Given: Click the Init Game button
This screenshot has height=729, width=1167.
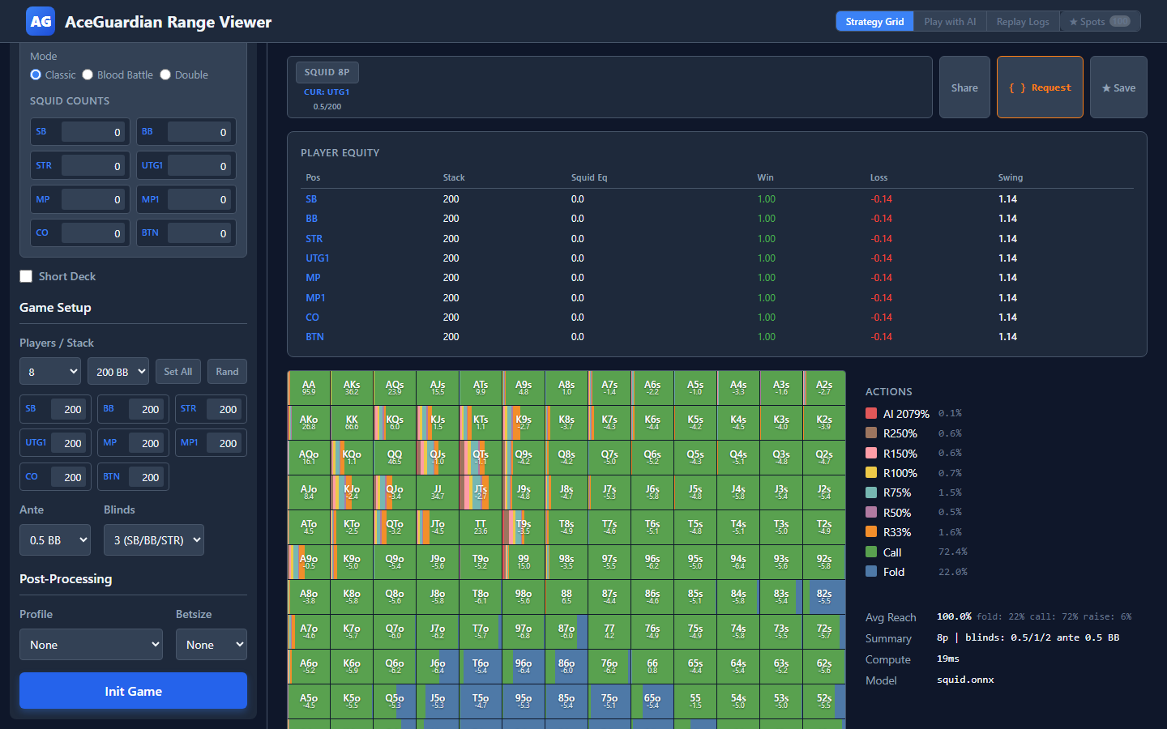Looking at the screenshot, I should click(133, 691).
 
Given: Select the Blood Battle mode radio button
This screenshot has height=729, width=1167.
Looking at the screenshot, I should click(88, 75).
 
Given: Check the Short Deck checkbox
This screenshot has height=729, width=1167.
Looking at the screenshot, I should click(26, 276).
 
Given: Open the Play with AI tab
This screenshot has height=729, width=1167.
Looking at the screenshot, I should click(950, 22).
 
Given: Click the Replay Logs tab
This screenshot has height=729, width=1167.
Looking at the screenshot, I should click(1022, 22).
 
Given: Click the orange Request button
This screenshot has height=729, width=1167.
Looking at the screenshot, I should click(1040, 87).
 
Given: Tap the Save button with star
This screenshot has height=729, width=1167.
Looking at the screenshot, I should click(1118, 87).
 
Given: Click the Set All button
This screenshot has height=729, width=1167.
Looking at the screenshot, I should click(177, 372).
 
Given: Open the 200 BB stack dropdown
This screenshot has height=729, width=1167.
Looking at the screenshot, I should click(118, 372).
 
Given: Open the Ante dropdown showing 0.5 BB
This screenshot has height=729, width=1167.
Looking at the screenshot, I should click(54, 540).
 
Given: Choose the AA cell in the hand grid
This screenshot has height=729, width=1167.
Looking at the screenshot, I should click(309, 387).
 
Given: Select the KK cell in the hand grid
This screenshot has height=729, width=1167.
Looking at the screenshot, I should click(352, 422).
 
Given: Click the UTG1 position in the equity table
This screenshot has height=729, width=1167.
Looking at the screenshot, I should click(317, 258).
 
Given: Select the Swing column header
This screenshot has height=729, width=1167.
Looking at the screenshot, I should click(1010, 177).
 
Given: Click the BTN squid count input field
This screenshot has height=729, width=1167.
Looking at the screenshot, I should click(199, 233).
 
